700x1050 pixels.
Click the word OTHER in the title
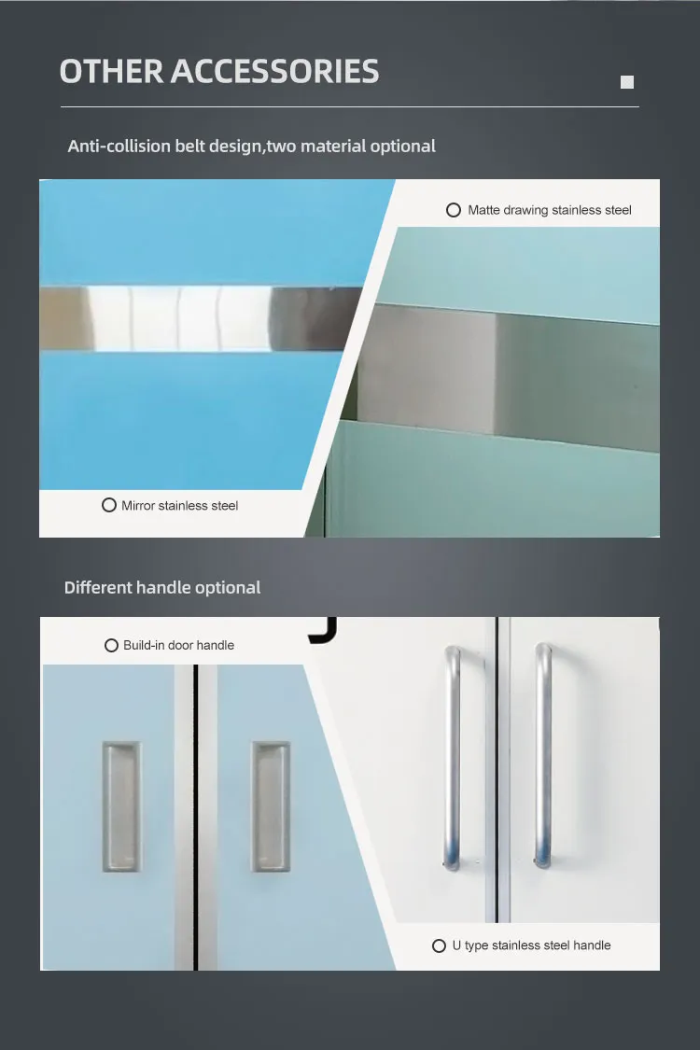pyautogui.click(x=111, y=71)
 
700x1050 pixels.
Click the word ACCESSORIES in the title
pyautogui.click(x=274, y=71)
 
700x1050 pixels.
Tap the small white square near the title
pyautogui.click(x=627, y=82)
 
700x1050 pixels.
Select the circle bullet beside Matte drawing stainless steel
pyautogui.click(x=454, y=210)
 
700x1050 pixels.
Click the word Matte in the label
pyautogui.click(x=483, y=210)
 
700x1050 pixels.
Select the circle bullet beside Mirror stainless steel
pyautogui.click(x=109, y=505)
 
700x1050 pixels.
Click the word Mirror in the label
pyautogui.click(x=138, y=506)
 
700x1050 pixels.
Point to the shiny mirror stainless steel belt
pyautogui.click(x=201, y=318)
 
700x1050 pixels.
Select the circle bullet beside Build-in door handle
pyautogui.click(x=112, y=645)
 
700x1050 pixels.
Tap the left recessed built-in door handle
pyautogui.click(x=122, y=806)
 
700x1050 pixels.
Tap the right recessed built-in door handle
pyautogui.click(x=271, y=806)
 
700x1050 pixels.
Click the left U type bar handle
pyautogui.click(x=453, y=757)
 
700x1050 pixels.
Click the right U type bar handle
pyautogui.click(x=543, y=757)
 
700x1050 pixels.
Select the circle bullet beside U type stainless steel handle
pyautogui.click(x=439, y=945)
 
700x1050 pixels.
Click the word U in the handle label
pyautogui.click(x=456, y=945)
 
